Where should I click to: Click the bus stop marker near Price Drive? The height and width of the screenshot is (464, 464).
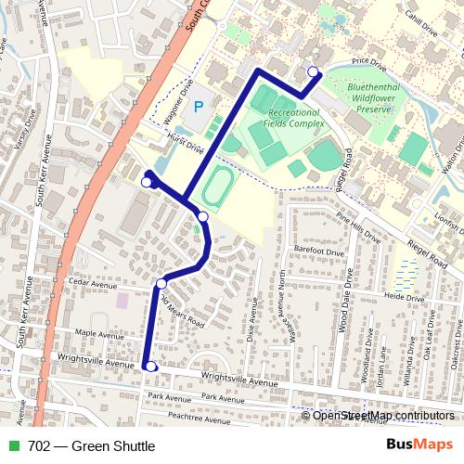pyautogui.click(x=313, y=71)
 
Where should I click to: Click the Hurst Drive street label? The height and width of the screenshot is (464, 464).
pyautogui.click(x=185, y=142)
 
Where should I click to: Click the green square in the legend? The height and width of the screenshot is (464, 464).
pyautogui.click(x=12, y=446)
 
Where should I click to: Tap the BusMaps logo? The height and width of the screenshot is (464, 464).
pyautogui.click(x=419, y=445)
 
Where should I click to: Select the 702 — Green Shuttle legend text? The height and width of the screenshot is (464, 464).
pyautogui.click(x=91, y=446)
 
